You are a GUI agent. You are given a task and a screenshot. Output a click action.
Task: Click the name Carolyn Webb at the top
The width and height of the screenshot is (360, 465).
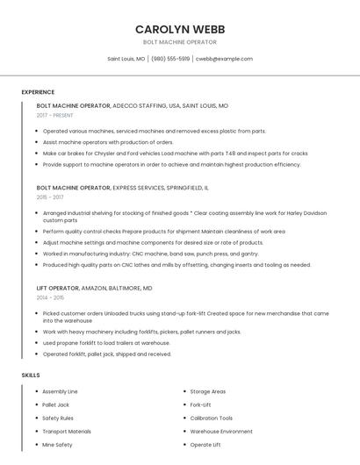(x=179, y=28)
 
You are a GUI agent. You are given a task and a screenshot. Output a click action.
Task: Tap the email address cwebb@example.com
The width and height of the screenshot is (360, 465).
(x=224, y=59)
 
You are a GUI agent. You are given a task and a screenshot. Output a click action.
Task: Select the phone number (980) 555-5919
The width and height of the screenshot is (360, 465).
(x=170, y=59)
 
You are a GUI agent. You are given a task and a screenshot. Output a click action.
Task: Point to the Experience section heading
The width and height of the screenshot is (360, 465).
(x=38, y=92)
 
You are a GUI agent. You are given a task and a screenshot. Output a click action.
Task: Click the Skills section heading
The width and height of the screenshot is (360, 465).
(x=31, y=375)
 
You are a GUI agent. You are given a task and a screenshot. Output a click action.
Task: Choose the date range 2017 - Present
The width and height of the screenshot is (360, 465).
(x=55, y=115)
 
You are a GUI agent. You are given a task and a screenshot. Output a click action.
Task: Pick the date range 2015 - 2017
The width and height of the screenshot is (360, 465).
(x=51, y=197)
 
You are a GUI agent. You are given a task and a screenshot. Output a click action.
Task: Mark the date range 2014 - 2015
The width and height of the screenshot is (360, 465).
(x=51, y=297)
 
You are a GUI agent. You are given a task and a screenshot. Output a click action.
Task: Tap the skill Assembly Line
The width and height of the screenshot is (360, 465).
(x=60, y=391)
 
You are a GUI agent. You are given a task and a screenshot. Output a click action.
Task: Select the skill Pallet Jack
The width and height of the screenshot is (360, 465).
(x=55, y=404)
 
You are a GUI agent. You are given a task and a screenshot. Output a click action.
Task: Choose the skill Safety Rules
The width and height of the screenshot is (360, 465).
(x=58, y=418)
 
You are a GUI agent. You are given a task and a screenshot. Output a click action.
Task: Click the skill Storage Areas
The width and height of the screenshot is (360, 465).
(x=208, y=391)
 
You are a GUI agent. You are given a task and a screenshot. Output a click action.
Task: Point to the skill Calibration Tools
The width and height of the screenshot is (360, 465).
(x=212, y=418)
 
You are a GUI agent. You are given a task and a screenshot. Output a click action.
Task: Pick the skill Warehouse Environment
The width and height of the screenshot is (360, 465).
(x=221, y=432)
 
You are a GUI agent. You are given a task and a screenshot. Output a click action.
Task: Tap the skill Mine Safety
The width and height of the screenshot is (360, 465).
(x=57, y=445)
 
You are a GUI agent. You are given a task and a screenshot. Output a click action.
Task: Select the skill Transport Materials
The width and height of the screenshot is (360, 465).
(x=67, y=432)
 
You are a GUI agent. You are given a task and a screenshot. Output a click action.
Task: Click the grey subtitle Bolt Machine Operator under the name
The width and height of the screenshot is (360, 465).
(x=179, y=42)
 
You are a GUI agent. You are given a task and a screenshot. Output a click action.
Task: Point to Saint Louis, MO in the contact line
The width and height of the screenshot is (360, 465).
(x=126, y=59)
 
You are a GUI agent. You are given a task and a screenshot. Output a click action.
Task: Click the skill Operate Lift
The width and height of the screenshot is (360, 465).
(x=205, y=445)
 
